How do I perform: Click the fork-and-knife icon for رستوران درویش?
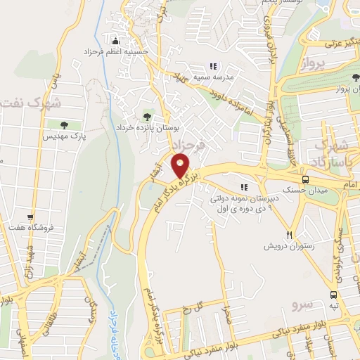(289, 234)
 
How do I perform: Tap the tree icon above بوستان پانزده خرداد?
(147, 117)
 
